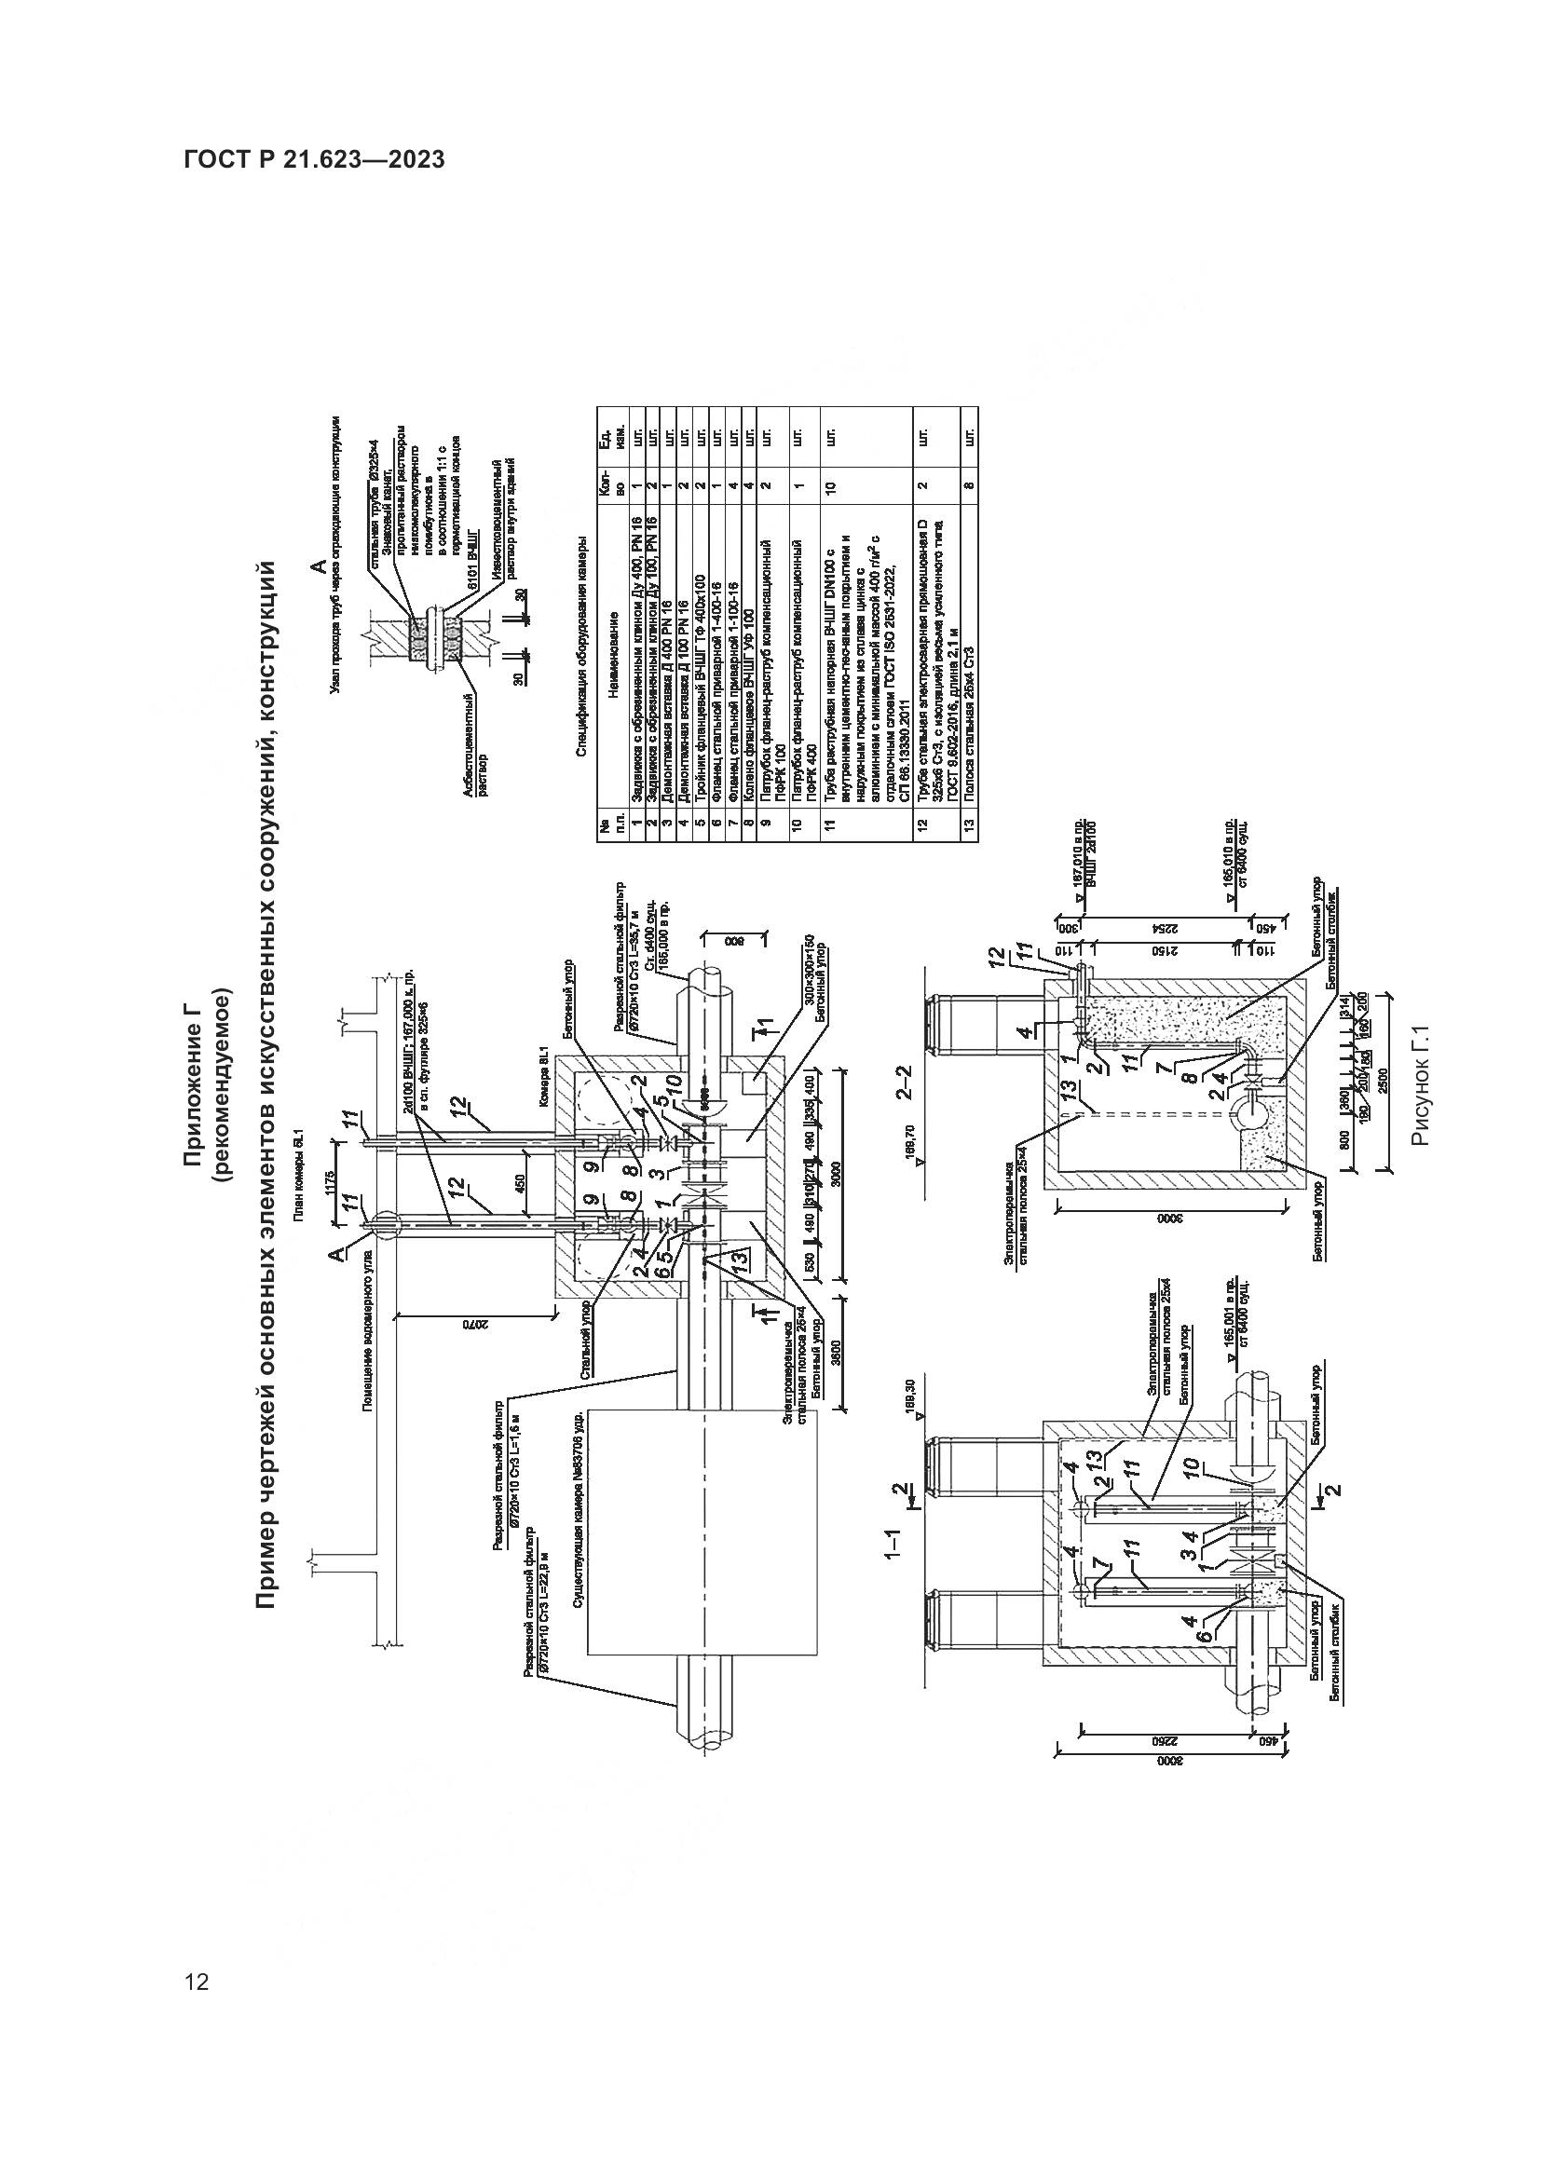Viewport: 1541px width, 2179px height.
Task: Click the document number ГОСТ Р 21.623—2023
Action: point(314,160)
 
